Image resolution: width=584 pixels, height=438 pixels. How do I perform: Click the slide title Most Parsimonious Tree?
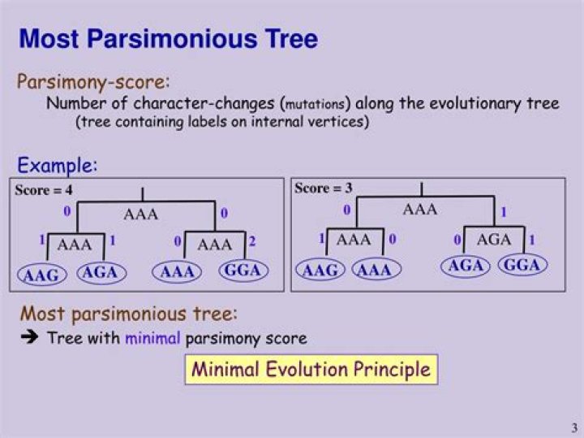(168, 38)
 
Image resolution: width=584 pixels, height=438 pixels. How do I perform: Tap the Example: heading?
(58, 165)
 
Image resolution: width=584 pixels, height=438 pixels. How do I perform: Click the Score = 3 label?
(323, 189)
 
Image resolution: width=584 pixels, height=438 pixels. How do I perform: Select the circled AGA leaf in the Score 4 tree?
(101, 272)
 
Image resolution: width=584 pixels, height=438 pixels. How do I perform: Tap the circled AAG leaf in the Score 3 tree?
(320, 270)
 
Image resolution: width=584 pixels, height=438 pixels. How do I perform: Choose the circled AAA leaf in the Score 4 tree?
(177, 272)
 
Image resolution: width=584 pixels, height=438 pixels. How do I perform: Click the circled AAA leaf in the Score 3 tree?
(375, 270)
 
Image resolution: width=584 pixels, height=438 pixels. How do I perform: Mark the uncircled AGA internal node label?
(494, 239)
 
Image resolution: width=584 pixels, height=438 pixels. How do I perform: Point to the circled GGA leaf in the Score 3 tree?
(522, 265)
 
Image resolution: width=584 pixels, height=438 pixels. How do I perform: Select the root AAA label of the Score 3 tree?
(419, 210)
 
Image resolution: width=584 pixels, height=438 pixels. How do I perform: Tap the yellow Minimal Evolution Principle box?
(311, 370)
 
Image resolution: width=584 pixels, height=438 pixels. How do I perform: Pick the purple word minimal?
(152, 338)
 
